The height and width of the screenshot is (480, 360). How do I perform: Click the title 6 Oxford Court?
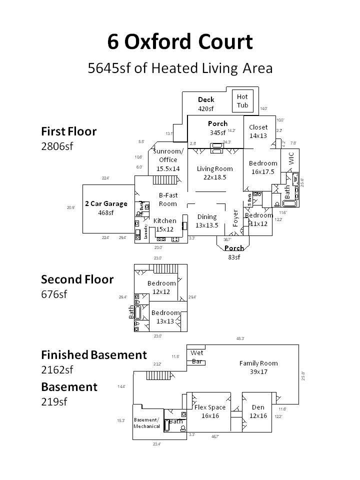pos(180,42)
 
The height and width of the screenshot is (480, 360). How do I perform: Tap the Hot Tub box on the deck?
pos(242,101)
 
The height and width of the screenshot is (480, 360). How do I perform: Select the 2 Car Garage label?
pos(106,208)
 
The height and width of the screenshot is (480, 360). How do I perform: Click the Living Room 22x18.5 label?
pos(214,172)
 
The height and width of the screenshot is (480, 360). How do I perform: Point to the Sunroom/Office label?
pos(168,160)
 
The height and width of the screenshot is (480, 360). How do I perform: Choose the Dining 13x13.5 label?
pos(207,220)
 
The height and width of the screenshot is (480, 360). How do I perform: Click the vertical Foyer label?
pos(235,218)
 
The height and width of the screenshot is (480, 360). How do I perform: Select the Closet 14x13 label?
pos(258,131)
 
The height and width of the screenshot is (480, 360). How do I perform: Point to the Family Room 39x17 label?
pos(258,367)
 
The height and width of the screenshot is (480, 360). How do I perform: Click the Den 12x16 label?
pos(258,411)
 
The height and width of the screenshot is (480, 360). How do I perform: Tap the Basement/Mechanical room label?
pos(147,423)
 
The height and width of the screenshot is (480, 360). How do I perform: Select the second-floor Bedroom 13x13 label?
pos(165,317)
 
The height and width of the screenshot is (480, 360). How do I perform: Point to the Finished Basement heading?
pos(94,355)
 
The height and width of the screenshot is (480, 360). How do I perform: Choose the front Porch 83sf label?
pos(234,252)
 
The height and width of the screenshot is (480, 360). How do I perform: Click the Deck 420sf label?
pos(205,104)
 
